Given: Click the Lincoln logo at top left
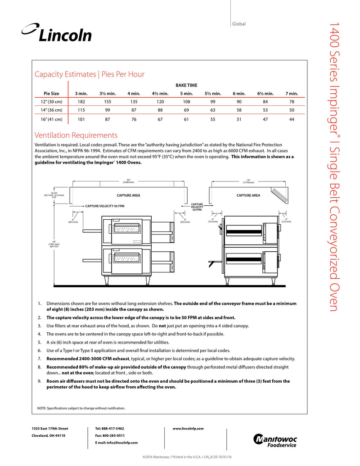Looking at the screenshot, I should tap(57, 33).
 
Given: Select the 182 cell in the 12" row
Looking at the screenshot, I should tap(81, 102).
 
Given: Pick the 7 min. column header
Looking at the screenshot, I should tap(292, 93).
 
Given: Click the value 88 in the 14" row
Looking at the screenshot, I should tap(161, 109).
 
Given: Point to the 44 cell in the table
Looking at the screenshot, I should tap(292, 119).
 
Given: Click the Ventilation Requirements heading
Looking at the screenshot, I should tap(76, 135).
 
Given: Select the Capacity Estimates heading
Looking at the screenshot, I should tap(90, 74).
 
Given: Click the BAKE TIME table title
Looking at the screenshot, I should tap(186, 85).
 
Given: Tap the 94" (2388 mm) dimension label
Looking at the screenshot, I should tap(128, 181).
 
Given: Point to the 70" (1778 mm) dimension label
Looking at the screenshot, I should tap(248, 181).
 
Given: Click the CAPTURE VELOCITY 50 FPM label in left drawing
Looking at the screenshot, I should tap(105, 205).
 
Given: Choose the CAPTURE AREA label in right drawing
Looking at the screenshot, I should tap(248, 195).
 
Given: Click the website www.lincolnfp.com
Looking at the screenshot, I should tap(188, 428).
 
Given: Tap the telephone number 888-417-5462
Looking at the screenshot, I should tap(109, 428).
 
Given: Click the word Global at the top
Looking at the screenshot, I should tap(239, 24).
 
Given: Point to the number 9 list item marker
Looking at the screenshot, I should tap(40, 381).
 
